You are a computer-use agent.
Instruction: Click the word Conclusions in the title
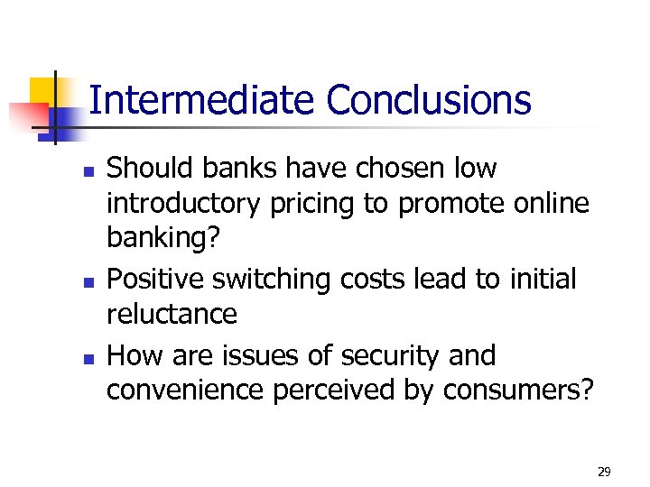coord(429,100)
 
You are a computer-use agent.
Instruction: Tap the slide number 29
coord(604,472)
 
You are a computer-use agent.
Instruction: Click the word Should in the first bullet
coord(146,169)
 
